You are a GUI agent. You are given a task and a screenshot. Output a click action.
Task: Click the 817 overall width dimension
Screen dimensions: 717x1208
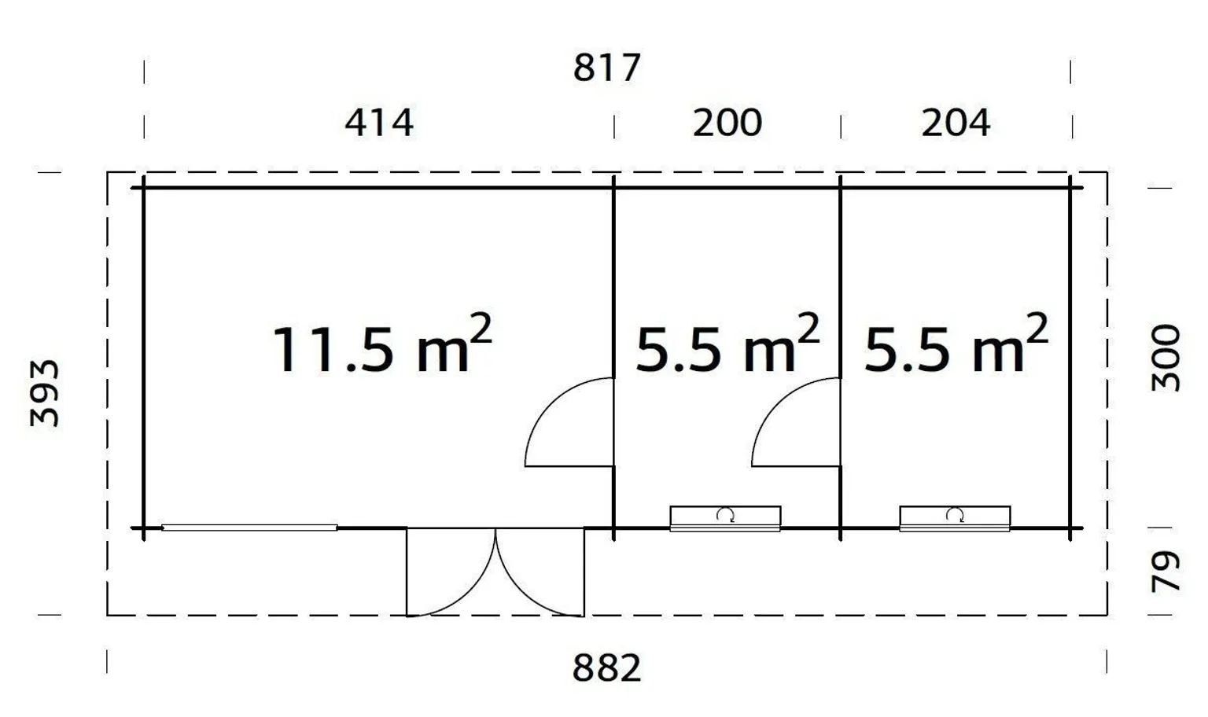[606, 68]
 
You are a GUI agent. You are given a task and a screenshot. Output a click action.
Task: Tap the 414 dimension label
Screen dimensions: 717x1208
[379, 123]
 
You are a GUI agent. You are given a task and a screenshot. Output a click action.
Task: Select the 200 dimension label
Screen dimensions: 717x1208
[727, 123]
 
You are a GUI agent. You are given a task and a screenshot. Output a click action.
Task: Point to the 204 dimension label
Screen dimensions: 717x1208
[956, 123]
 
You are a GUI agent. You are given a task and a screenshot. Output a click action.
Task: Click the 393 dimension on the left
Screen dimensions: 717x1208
[45, 393]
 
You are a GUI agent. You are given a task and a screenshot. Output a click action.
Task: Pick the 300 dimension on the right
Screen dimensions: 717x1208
[1166, 358]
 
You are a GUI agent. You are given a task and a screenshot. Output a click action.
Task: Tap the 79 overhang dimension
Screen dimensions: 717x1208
[1166, 572]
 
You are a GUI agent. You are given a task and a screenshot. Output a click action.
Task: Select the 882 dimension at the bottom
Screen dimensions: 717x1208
[606, 669]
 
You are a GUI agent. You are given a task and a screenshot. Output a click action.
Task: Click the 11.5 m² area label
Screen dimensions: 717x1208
[381, 346]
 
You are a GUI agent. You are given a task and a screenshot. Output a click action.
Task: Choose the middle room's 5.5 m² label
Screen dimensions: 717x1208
[727, 346]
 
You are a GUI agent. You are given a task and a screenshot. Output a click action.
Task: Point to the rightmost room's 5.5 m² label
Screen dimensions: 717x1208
[956, 346]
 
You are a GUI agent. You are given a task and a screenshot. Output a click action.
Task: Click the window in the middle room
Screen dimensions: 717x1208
[725, 519]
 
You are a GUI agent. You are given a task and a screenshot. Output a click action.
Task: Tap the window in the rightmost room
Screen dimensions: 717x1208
[955, 519]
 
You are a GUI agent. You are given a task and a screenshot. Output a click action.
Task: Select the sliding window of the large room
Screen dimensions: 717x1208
[249, 528]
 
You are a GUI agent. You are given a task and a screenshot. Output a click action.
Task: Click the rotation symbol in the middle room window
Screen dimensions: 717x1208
[725, 515]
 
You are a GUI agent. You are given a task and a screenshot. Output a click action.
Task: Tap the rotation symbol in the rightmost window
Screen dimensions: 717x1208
[955, 515]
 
